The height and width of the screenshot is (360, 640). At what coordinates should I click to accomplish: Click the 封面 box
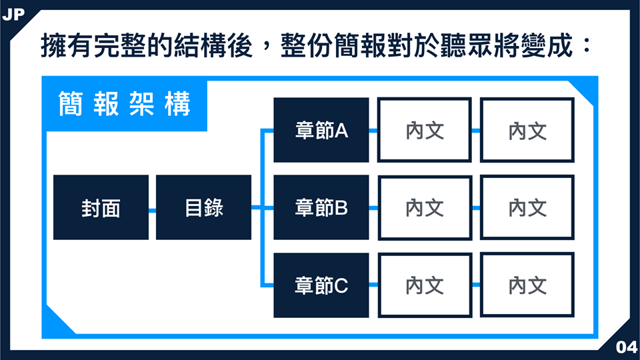pos(101,207)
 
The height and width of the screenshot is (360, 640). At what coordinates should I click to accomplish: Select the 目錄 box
pos(204,207)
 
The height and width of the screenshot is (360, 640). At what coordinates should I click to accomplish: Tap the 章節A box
pos(321,130)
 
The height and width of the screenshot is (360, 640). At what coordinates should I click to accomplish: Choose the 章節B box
pos(321,207)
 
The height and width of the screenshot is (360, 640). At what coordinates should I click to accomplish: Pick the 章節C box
pos(321,285)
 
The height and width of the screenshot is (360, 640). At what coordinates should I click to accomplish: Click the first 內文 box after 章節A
pos(425,130)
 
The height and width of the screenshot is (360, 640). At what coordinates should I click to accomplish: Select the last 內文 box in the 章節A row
pos(527,130)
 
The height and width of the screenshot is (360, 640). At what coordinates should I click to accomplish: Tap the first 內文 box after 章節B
pos(425,207)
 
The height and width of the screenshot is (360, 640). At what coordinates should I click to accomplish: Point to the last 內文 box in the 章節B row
pos(527,207)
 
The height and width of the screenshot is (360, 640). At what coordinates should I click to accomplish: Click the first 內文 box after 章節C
pos(425,285)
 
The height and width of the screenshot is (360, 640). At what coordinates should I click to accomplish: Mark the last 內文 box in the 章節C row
pos(527,285)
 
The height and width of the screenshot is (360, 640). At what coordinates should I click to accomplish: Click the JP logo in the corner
pos(13,15)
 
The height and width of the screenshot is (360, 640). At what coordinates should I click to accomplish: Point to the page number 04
pos(627,347)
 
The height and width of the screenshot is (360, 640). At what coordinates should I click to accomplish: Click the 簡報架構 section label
pos(125,104)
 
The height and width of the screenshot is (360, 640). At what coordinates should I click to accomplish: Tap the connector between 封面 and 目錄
pos(152,211)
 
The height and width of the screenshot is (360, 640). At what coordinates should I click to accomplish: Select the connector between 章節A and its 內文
pos(373,131)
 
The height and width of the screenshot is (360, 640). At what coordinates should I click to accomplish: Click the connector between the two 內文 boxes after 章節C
pos(476,285)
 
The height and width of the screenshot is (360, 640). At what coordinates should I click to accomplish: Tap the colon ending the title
pos(587,45)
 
